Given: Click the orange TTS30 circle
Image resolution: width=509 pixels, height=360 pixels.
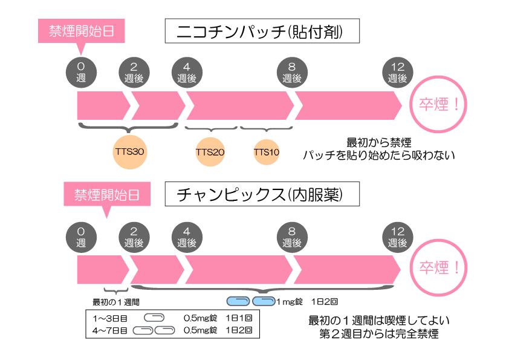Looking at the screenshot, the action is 130,152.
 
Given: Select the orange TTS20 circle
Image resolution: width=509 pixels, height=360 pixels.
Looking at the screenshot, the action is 210,152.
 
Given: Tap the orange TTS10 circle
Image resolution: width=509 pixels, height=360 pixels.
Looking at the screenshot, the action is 266,152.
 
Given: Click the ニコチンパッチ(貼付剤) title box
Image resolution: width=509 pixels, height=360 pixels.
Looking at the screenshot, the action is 262,31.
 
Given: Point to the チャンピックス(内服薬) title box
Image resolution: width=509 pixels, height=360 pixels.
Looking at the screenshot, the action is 262,194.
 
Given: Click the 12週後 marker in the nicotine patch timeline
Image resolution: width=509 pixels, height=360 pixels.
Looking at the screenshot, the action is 397,73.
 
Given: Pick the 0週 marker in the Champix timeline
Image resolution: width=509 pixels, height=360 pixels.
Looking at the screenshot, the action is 81,237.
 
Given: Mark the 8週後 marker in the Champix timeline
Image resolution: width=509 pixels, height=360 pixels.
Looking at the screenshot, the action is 292,237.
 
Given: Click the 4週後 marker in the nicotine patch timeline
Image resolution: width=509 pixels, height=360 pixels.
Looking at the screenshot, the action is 187,73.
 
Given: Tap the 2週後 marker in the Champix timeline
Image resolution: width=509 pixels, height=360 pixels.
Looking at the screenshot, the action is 134,237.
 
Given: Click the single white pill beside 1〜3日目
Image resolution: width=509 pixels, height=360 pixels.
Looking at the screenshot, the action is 154,318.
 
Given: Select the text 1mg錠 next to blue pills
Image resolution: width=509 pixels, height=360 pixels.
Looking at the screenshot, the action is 290,302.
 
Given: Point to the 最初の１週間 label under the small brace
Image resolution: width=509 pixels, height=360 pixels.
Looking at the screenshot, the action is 116,302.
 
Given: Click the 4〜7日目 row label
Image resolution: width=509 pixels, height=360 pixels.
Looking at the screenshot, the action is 110,331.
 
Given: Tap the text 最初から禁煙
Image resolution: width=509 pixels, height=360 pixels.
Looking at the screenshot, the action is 379,142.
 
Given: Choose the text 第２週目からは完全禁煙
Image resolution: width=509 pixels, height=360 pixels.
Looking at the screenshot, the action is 379,334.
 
